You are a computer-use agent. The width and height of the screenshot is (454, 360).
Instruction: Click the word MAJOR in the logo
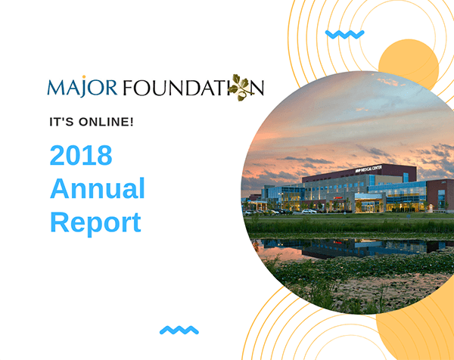[x=82, y=87]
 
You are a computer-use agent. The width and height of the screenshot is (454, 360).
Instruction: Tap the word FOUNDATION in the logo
[x=194, y=88]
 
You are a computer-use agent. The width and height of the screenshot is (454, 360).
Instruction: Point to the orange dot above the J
[x=84, y=76]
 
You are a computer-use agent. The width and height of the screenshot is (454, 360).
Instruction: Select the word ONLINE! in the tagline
[x=106, y=122]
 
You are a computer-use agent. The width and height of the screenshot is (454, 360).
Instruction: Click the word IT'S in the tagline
[x=61, y=122]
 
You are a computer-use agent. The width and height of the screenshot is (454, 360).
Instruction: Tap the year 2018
[x=81, y=155]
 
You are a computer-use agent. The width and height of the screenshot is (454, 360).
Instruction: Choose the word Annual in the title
[x=98, y=188]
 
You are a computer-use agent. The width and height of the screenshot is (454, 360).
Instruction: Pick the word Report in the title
[x=96, y=222]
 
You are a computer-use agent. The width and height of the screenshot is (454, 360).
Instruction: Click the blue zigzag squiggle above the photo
[x=344, y=35]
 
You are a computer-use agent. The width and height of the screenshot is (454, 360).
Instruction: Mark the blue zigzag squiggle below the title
[x=179, y=331]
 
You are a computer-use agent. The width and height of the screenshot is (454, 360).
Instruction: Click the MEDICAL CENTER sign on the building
[x=368, y=169]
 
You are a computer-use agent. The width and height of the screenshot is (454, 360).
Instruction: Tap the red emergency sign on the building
[x=338, y=198]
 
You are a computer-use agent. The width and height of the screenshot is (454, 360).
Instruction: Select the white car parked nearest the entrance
[x=309, y=211]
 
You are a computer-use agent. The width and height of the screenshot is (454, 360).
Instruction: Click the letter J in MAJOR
[x=84, y=88]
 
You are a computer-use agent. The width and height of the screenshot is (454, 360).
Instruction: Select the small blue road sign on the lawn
[x=409, y=216]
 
